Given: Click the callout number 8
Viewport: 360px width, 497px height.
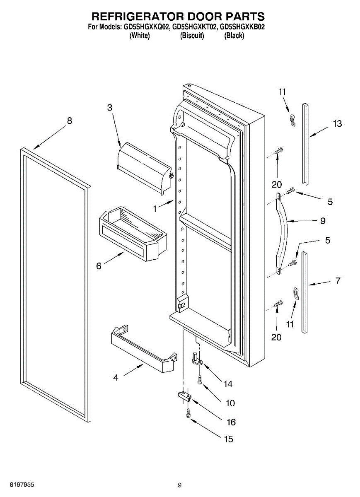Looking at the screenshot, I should pyautogui.click(x=69, y=121).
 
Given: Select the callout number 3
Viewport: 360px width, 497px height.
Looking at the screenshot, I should pyautogui.click(x=109, y=108).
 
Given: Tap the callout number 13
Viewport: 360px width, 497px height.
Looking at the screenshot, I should pyautogui.click(x=338, y=123).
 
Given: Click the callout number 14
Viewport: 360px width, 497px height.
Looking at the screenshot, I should pyautogui.click(x=228, y=384).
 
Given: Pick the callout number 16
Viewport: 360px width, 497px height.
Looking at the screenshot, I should pyautogui.click(x=231, y=422).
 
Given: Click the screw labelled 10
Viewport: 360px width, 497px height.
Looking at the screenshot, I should pyautogui.click(x=200, y=379).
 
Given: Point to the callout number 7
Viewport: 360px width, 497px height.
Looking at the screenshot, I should pyautogui.click(x=338, y=281).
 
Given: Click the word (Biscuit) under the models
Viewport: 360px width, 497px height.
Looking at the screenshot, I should pyautogui.click(x=192, y=36).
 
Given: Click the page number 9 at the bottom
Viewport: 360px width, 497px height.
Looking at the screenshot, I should pyautogui.click(x=179, y=485).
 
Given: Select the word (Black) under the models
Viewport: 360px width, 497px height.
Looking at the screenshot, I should pyautogui.click(x=234, y=36).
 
